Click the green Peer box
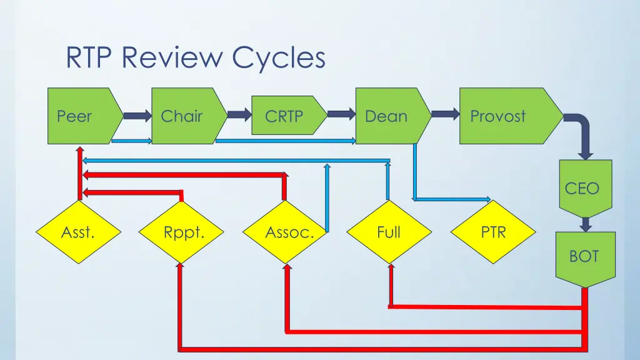81,116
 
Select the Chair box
184,116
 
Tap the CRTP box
286,116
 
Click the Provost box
504,116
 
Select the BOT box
585,256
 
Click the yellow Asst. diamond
79,232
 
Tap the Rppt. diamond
181,232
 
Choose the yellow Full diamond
389,232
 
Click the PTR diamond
493,232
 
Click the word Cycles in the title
279,58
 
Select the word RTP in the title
92,58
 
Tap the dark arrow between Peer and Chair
137,116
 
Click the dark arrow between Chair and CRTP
239,114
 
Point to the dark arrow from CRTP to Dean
341,114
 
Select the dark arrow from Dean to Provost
444,114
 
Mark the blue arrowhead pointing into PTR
488,200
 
